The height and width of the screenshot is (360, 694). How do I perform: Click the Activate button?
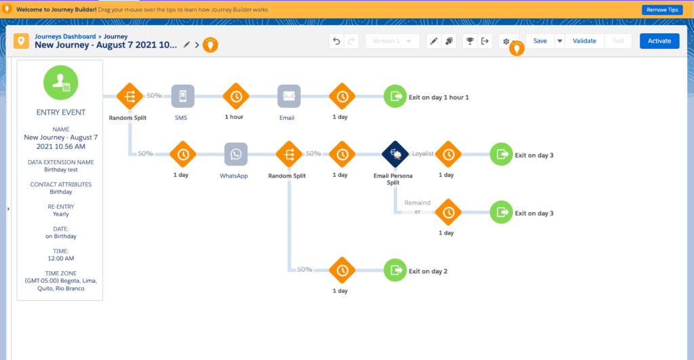(659, 41)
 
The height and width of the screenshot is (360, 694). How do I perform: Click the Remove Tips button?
(661, 9)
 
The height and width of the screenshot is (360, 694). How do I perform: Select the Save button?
(539, 41)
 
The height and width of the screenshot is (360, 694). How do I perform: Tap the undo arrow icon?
(336, 41)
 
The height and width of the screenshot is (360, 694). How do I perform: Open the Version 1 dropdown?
(392, 41)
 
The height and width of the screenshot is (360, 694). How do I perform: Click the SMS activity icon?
(182, 96)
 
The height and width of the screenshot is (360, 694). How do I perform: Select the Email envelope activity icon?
(289, 96)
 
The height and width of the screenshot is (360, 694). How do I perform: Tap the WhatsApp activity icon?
(235, 154)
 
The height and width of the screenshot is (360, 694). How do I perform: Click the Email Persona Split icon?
(394, 154)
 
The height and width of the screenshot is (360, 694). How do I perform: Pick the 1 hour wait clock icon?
(235, 96)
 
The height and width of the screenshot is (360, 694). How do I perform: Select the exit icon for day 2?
(395, 271)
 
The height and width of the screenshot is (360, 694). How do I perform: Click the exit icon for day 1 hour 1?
(395, 96)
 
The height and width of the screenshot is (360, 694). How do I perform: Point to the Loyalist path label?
(422, 154)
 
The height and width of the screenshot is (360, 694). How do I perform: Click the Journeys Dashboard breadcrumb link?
(65, 36)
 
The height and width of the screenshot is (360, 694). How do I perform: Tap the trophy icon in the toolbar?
(468, 41)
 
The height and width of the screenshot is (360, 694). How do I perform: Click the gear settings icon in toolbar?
(506, 41)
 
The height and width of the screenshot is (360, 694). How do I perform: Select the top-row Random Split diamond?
(129, 96)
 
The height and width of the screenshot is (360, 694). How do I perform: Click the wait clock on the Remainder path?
(447, 212)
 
